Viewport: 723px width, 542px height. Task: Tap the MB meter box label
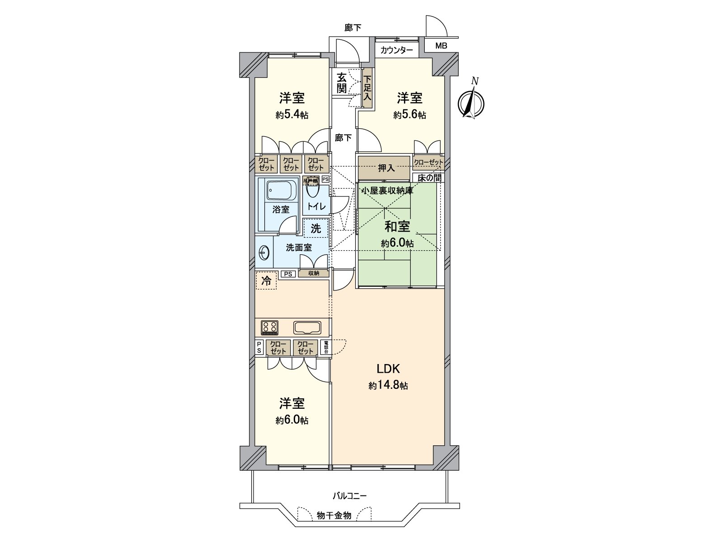click(441, 46)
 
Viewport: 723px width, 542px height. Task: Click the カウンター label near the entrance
click(396, 50)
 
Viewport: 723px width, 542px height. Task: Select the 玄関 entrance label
click(342, 83)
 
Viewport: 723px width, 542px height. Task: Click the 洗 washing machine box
click(316, 229)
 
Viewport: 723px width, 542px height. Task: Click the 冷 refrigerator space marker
click(267, 280)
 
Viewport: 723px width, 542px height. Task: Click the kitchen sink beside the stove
click(307, 327)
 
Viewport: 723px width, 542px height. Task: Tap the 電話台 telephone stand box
click(326, 347)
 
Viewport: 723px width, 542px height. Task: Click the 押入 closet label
click(386, 168)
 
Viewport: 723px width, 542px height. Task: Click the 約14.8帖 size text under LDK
click(388, 386)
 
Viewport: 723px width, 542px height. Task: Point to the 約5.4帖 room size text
click(292, 115)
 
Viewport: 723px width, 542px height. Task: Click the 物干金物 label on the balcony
click(334, 515)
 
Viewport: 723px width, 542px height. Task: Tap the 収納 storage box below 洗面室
click(314, 273)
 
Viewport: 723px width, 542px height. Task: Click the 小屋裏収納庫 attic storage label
click(386, 190)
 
